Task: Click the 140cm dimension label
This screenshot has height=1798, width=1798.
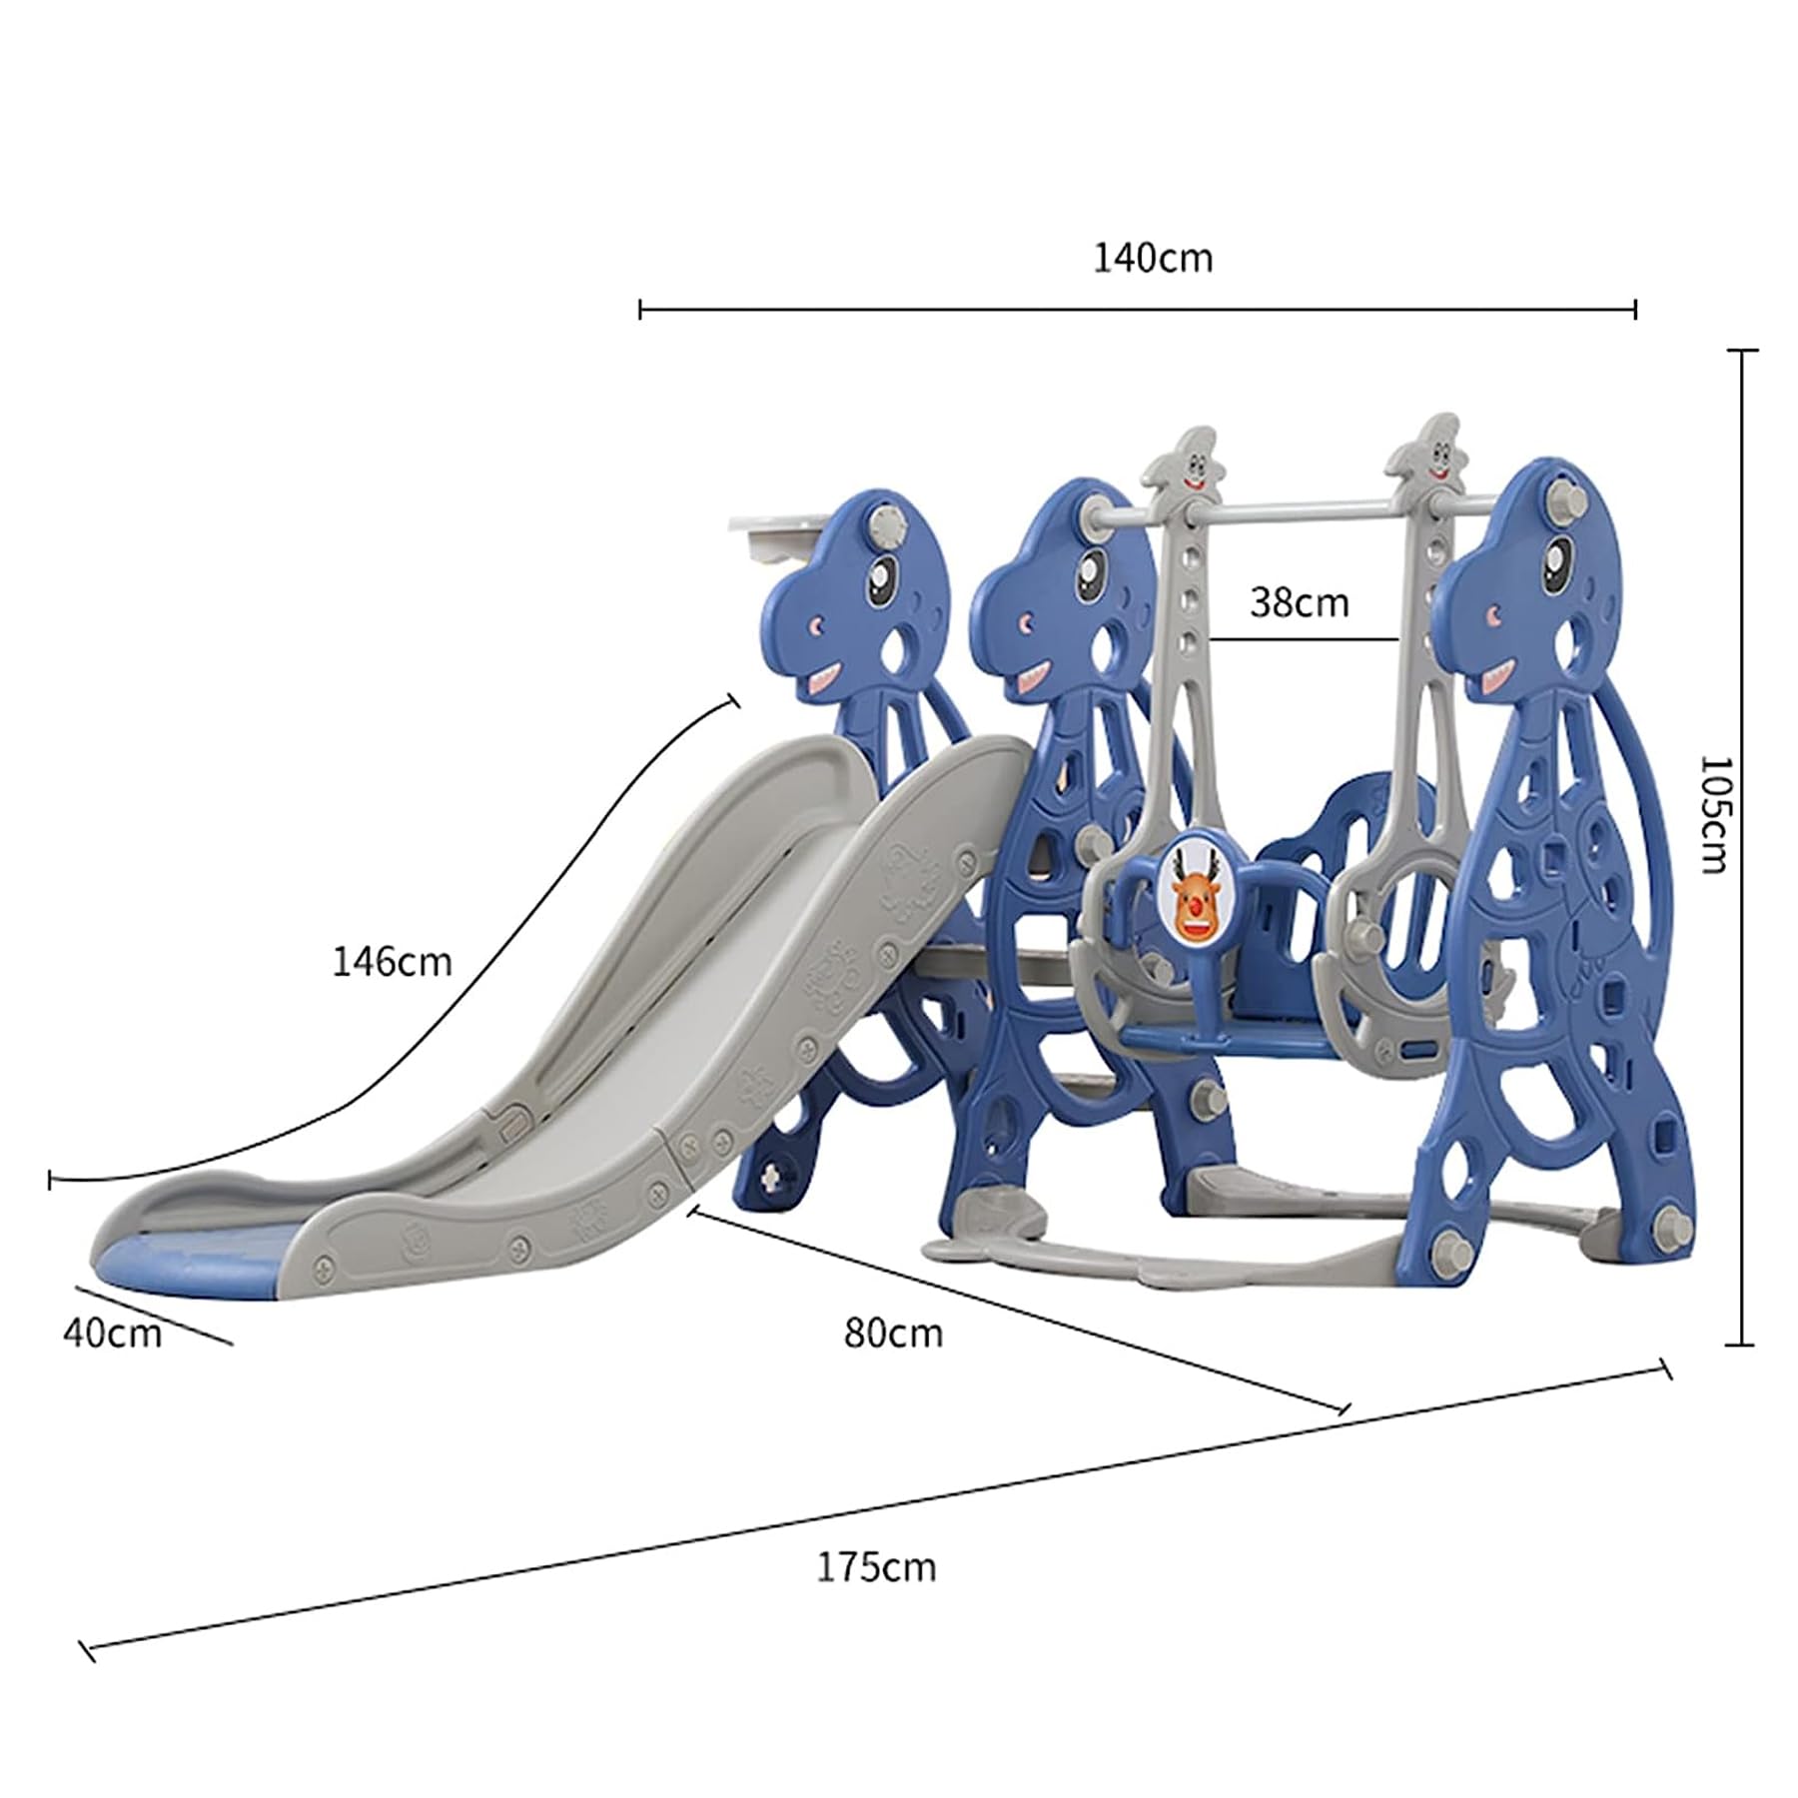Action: (x=1153, y=259)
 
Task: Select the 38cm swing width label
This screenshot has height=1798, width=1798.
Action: (x=1299, y=602)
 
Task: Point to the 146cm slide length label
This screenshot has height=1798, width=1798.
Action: (x=392, y=961)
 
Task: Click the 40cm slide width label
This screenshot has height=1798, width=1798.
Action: (x=112, y=1333)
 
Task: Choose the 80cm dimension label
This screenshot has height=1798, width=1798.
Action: (x=893, y=1333)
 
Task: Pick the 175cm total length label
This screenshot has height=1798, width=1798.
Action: (x=877, y=1566)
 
